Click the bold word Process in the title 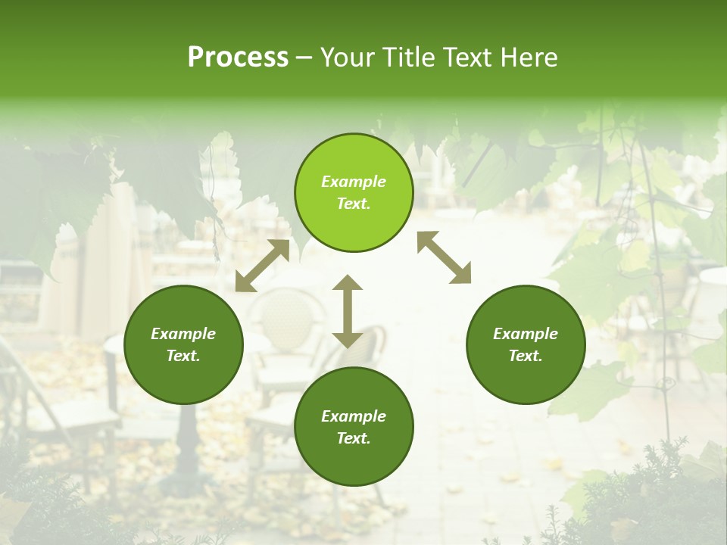click(x=238, y=58)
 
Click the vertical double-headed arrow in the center click(x=348, y=311)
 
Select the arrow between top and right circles click(x=444, y=257)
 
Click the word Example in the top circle click(x=354, y=182)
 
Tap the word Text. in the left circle click(x=183, y=356)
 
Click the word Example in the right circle click(x=526, y=334)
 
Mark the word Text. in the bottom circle click(x=354, y=438)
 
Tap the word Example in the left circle click(x=183, y=334)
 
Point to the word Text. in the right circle click(x=526, y=356)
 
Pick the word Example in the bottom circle click(x=354, y=416)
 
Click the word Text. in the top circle click(x=354, y=204)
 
